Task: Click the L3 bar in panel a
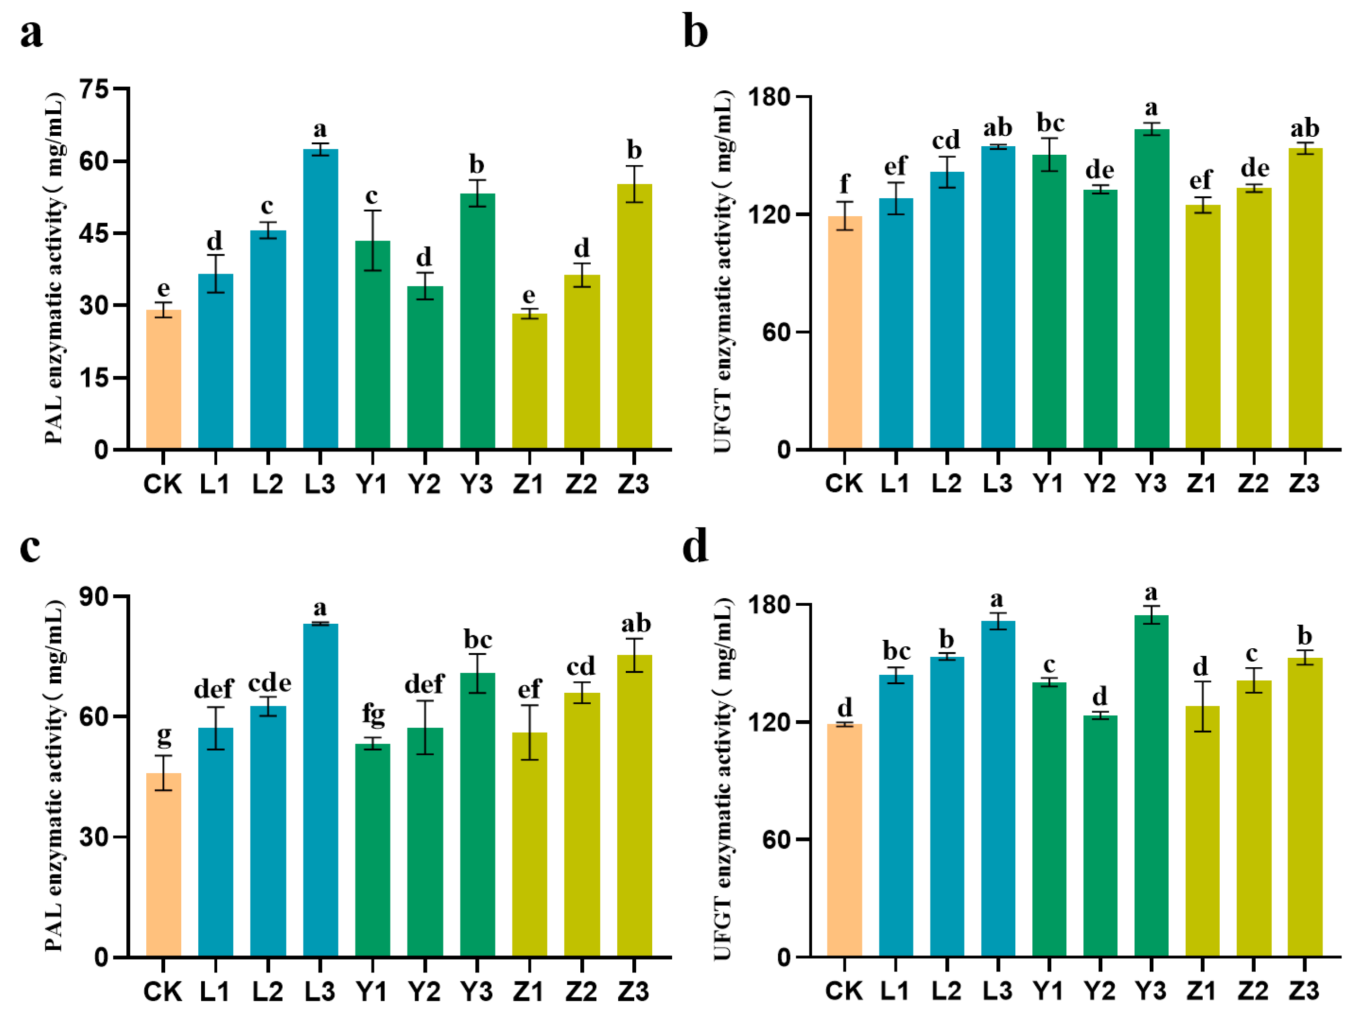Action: coord(320,300)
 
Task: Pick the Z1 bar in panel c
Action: coord(530,847)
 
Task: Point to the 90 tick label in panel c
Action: coord(93,597)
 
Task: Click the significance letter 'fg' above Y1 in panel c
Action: coord(373,715)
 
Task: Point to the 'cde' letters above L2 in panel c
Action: coord(269,683)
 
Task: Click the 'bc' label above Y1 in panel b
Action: coord(1050,124)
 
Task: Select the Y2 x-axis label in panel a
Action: coord(425,485)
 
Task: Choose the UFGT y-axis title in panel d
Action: coord(724,779)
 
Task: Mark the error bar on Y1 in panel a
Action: coord(373,240)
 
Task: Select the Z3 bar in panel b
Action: coord(1305,300)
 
